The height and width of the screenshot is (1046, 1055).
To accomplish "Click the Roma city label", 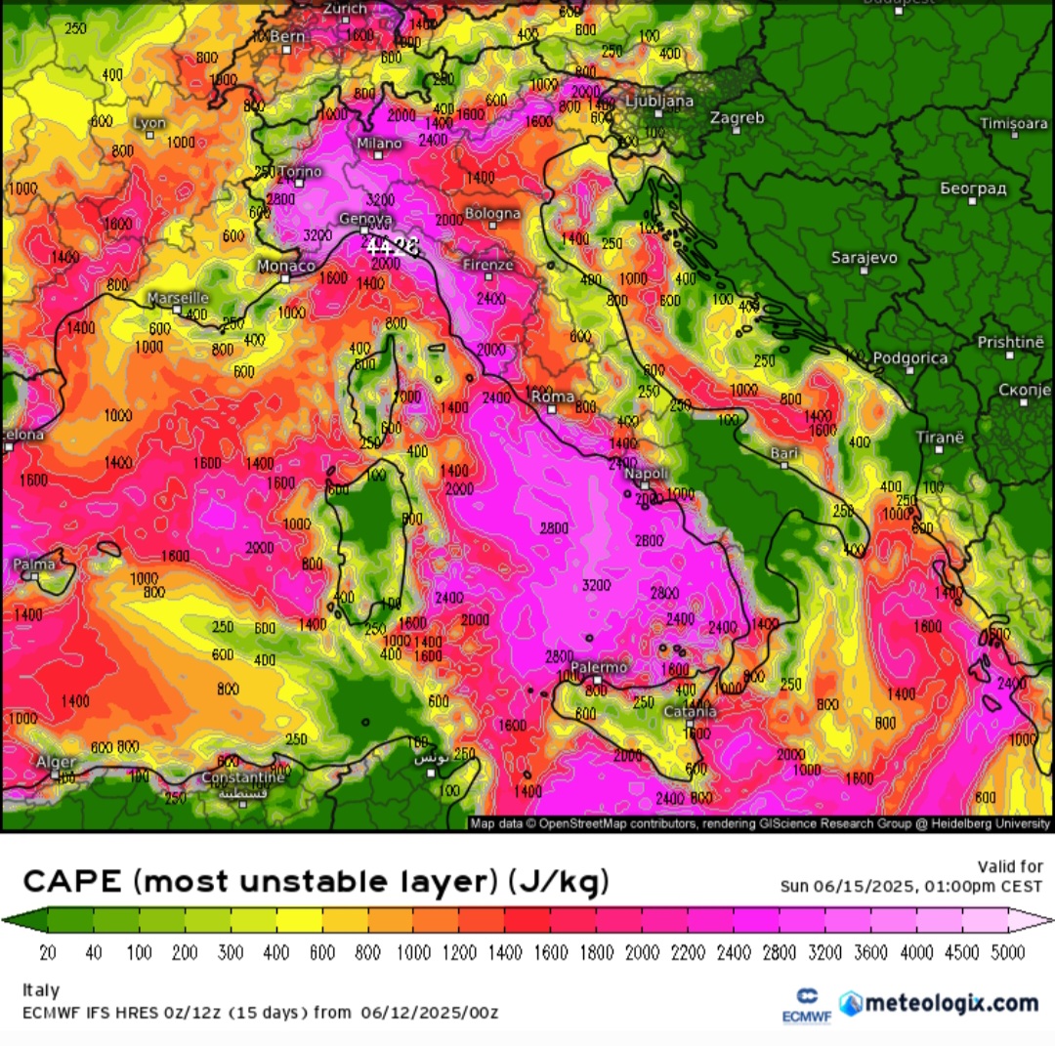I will [552, 396].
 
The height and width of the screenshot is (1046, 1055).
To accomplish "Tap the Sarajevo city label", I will [864, 258].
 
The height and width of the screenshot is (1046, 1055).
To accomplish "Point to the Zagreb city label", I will [738, 118].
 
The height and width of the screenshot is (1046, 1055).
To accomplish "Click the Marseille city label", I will [178, 298].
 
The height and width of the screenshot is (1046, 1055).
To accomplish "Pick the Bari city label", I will [783, 452].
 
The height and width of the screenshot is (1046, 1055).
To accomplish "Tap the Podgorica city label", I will [909, 357].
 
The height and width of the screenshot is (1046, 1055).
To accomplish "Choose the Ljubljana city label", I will [659, 101].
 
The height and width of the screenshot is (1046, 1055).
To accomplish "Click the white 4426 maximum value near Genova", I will [392, 247].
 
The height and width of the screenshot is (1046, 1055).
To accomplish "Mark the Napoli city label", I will [646, 474].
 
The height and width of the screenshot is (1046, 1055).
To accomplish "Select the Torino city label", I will [300, 172].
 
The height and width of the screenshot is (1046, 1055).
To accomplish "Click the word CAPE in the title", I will [71, 882].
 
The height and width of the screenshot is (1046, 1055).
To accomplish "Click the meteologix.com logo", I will [939, 1003].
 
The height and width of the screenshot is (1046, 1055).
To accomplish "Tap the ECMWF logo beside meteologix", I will [807, 1005].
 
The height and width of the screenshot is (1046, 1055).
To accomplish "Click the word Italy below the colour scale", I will [40, 989].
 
